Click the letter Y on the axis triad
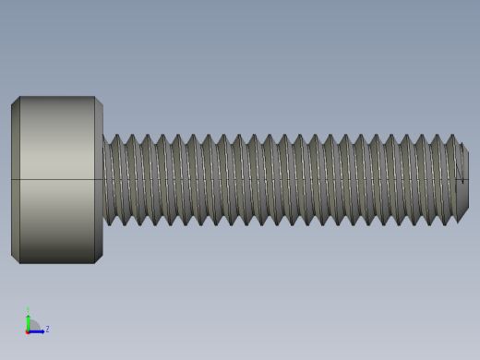28,310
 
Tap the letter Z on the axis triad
47,329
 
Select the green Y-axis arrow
28,320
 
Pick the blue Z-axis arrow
38,330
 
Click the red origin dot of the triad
28,330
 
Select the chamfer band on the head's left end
16,180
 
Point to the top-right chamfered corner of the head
99,101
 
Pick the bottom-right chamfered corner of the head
99,259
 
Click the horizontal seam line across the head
55,179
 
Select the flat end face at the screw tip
463,180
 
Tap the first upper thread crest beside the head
115,138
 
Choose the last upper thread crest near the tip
451,138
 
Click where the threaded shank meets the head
104,180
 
